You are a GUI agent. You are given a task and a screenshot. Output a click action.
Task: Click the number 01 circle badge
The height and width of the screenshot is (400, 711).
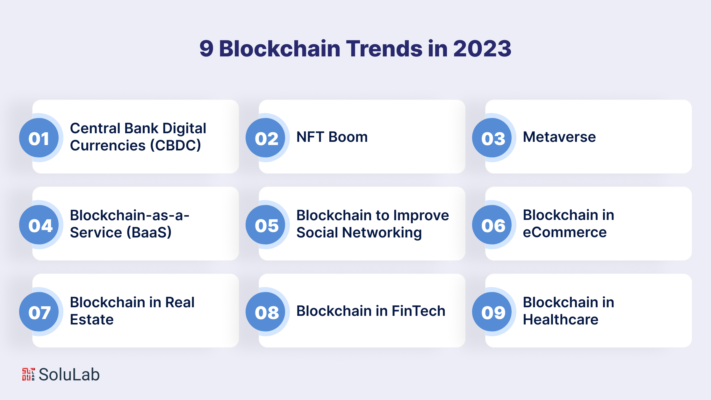click(x=39, y=138)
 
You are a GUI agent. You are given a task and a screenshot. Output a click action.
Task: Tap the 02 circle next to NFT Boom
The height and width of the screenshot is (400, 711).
click(x=265, y=138)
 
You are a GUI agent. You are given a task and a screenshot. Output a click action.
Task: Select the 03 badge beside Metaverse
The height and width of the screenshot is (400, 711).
click(x=492, y=138)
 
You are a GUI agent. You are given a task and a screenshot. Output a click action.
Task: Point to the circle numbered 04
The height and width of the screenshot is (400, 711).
click(x=39, y=225)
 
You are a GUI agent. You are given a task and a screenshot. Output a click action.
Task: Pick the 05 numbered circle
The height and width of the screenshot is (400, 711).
click(x=265, y=225)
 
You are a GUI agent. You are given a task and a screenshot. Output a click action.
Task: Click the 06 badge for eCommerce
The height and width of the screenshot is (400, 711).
click(x=492, y=225)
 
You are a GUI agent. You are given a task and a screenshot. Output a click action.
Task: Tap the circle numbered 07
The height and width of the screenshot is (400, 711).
click(x=39, y=312)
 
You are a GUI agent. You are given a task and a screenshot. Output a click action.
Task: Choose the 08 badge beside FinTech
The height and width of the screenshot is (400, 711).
click(x=265, y=312)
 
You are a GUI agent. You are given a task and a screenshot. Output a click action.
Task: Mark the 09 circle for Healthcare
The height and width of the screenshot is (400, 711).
click(x=492, y=312)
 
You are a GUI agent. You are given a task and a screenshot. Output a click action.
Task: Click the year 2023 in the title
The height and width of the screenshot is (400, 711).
click(x=482, y=48)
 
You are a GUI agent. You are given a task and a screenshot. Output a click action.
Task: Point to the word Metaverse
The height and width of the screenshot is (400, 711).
click(x=559, y=137)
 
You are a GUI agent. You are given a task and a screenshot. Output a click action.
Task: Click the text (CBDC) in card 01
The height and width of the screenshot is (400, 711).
click(x=176, y=146)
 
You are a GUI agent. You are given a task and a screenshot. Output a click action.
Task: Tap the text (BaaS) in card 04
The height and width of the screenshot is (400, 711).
click(x=149, y=232)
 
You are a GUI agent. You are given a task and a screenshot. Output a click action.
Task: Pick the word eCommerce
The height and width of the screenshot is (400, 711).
click(x=565, y=232)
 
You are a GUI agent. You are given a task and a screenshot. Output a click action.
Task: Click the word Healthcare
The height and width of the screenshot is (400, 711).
click(x=561, y=319)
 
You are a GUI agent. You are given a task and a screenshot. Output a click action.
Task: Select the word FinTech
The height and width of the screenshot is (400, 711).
click(x=418, y=311)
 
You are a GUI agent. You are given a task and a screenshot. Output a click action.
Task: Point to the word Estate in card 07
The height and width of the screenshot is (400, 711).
click(x=92, y=319)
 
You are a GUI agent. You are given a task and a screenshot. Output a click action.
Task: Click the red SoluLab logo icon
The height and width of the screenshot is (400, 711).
click(x=28, y=374)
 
